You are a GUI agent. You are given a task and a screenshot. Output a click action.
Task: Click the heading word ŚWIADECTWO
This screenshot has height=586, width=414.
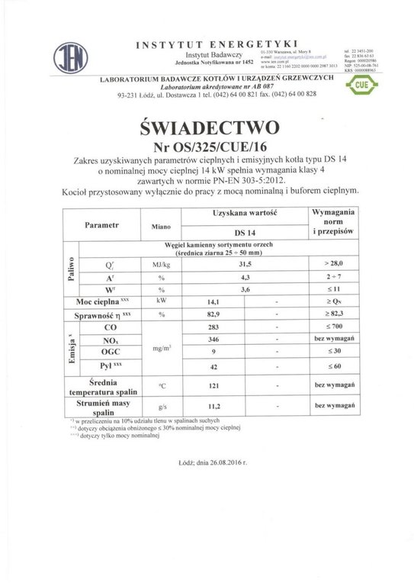207,124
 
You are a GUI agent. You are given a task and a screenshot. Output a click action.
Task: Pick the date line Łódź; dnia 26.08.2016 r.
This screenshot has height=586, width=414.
208,462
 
